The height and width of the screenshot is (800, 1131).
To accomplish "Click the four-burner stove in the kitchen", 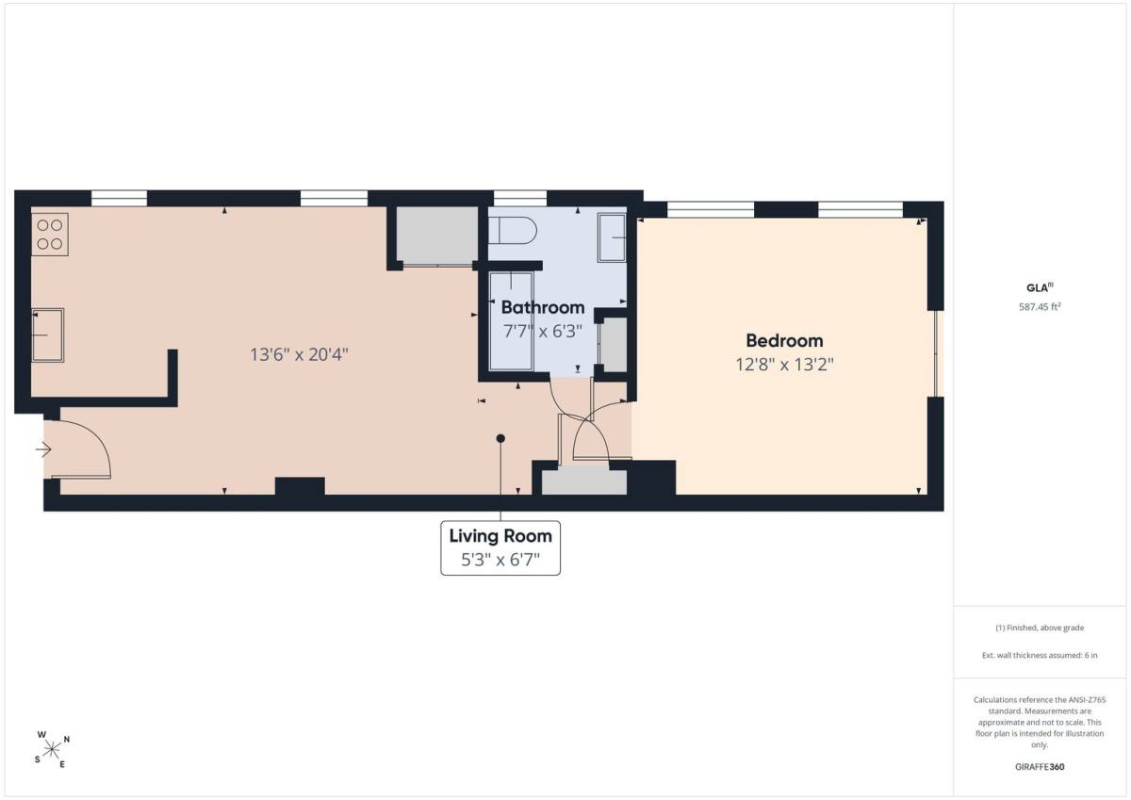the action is coord(49,235).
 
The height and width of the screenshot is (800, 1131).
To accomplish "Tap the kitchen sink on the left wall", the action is coord(47,335).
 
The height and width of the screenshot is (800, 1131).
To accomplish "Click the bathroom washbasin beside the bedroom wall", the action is coord(612,237).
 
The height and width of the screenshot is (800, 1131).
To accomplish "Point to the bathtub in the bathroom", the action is coord(511,321).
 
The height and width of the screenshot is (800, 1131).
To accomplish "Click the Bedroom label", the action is coord(784,341).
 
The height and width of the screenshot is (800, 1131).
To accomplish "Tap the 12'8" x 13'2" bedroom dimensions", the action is coord(784,365).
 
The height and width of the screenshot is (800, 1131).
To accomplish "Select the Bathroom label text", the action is coord(543,307).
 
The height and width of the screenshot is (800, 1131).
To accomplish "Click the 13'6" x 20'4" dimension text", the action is coord(300,355).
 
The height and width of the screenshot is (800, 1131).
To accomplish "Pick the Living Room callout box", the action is coord(500,548).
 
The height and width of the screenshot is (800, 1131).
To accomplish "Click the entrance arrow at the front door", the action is coord(43,449).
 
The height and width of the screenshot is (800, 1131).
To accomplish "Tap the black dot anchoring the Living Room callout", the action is coord(500,438).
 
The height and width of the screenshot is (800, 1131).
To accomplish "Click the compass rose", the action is coord(52,749).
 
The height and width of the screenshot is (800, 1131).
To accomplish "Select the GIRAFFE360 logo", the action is coord(1040,767).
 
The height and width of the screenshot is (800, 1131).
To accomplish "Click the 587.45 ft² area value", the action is coord(1040,307).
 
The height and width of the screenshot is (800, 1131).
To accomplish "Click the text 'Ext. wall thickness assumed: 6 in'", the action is coord(1040,655).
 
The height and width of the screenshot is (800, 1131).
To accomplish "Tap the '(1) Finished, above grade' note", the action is coord(1040,628).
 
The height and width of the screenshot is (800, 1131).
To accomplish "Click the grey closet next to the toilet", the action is coord(436,236).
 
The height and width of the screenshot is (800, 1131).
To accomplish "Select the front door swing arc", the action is coord(96,437).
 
